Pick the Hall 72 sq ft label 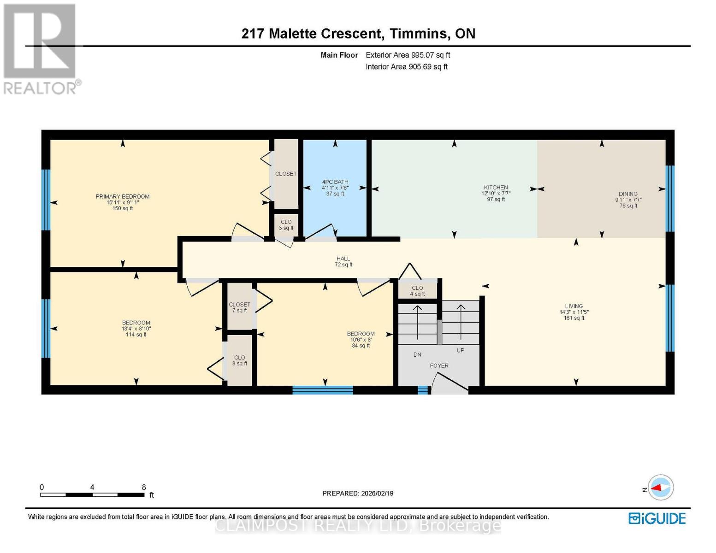(x=343, y=261)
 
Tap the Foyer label (x=439, y=365)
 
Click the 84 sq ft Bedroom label (x=361, y=340)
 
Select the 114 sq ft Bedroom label (x=136, y=329)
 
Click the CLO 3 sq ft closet (x=286, y=224)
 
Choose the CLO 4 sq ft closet (x=417, y=291)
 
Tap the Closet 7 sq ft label (x=240, y=307)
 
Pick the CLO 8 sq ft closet (x=240, y=360)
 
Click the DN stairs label (x=417, y=355)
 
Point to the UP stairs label (x=460, y=350)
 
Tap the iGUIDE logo (x=657, y=518)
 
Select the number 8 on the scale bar (x=144, y=487)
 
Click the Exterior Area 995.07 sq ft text (x=408, y=55)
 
